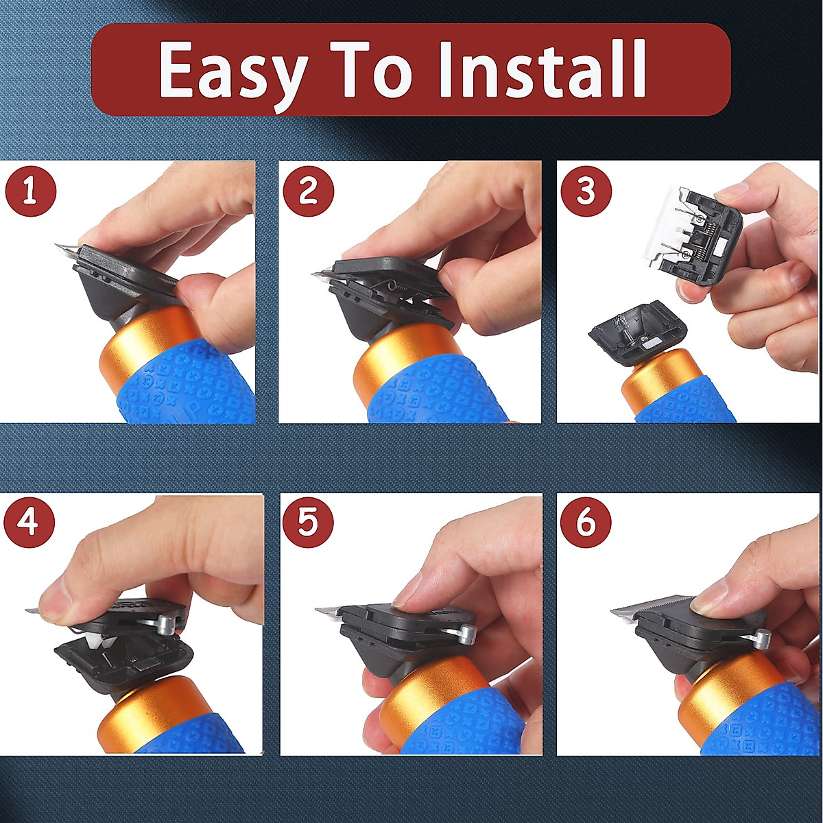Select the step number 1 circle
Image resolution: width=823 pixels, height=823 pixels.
coord(30,191)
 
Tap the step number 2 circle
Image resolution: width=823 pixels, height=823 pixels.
coord(309,191)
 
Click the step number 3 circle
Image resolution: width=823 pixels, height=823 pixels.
coord(586,191)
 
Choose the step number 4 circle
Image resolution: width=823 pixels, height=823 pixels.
coord(29,523)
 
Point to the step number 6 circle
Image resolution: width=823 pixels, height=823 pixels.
coord(586,523)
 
